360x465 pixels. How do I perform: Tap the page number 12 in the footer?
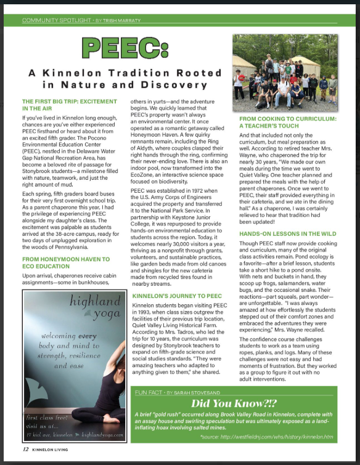click(25, 450)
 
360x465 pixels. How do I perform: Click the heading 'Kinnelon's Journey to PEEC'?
click(177, 296)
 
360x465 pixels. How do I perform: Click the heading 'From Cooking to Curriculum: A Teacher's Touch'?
click(288, 122)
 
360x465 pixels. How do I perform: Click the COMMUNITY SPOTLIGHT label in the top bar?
click(55, 20)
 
